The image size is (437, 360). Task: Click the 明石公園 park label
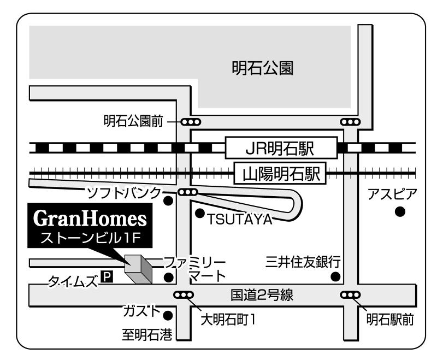[x=263, y=69]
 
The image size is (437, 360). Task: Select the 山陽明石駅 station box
[x=280, y=175]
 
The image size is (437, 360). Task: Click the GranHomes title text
[x=90, y=219]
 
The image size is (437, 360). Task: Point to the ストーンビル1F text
[x=90, y=238]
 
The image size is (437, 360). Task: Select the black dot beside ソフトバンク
[x=169, y=200]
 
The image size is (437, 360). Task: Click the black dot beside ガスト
[x=168, y=315]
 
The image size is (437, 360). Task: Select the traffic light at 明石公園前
[x=190, y=122]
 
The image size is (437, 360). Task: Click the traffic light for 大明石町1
[x=183, y=296]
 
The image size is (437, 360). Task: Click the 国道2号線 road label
[x=262, y=296]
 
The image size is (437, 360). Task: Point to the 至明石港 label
[x=146, y=334]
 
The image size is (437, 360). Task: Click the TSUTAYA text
[x=239, y=219]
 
